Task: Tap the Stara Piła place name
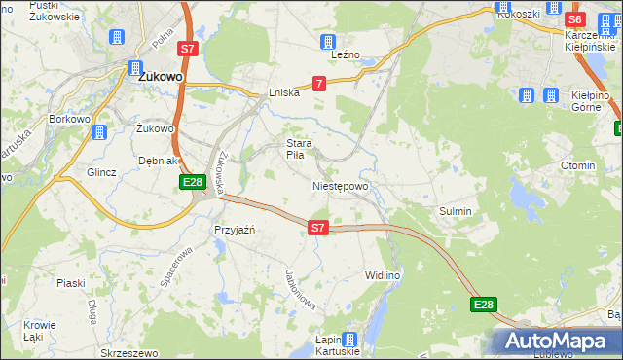point(298,149)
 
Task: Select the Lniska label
point(283,93)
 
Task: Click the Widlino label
point(383,275)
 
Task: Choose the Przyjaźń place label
point(234,230)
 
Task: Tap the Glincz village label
point(101,172)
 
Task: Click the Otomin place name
point(578,165)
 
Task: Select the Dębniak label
point(158,161)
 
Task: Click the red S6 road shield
point(574,19)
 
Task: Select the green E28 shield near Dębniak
point(192,182)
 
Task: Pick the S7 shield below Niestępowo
point(317,228)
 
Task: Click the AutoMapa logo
point(559,342)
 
